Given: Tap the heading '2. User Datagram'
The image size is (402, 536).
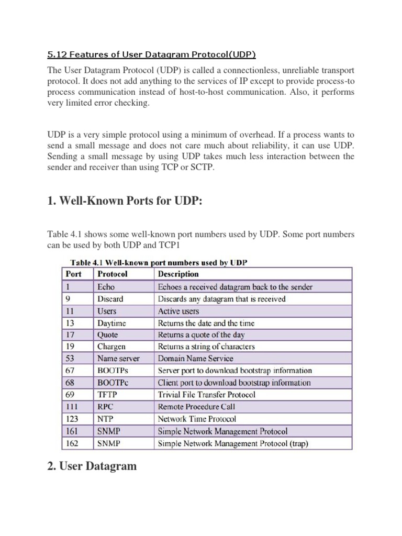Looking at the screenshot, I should [x=92, y=466].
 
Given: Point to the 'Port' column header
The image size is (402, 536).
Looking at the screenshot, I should [x=74, y=274].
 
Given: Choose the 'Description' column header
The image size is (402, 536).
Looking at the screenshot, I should [x=178, y=274].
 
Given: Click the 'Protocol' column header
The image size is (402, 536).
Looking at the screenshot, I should [x=113, y=274].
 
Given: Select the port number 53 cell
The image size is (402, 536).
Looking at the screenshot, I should [x=72, y=359].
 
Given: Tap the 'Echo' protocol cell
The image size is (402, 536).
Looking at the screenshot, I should [x=106, y=287].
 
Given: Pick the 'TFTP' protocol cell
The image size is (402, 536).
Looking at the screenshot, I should [x=107, y=394].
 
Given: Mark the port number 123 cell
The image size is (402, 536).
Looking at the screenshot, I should [x=74, y=418].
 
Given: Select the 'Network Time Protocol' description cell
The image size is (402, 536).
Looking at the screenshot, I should [x=197, y=418].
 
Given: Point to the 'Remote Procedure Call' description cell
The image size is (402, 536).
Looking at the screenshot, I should [x=197, y=406].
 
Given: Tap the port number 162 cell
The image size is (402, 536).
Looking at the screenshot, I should [x=74, y=443].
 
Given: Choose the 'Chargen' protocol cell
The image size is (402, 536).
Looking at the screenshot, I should [x=111, y=347].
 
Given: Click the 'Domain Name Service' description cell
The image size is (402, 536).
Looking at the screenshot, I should [x=196, y=359].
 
